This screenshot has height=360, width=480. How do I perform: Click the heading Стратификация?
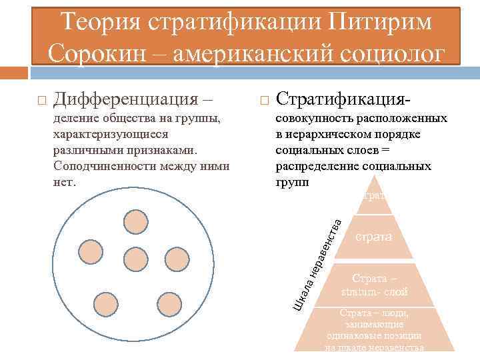(343, 101)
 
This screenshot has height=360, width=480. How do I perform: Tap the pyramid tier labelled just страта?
(373, 237)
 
